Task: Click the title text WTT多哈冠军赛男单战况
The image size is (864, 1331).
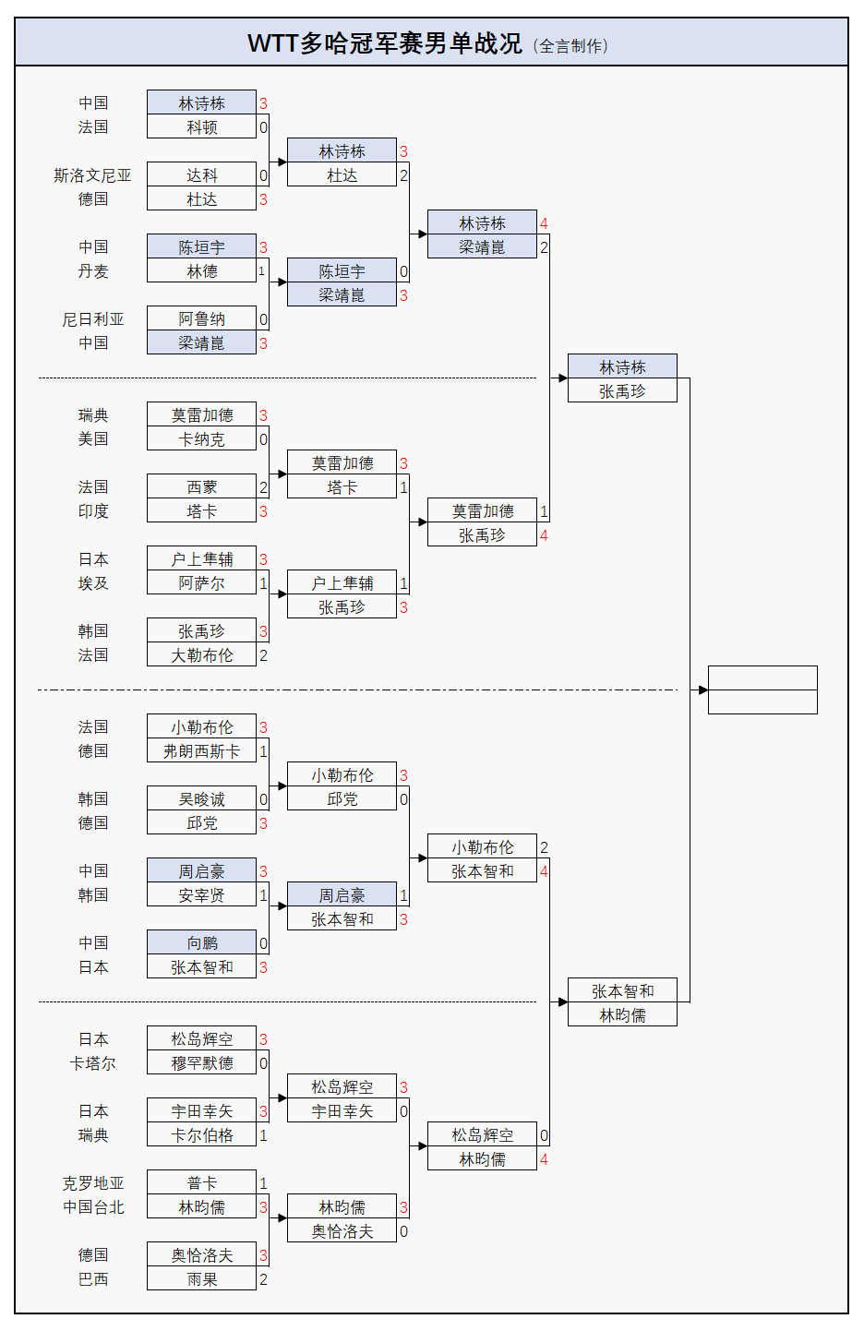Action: point(384,43)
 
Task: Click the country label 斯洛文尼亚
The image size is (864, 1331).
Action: point(92,175)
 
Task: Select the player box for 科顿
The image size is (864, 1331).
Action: point(201,127)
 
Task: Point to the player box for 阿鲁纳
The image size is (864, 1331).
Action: point(201,319)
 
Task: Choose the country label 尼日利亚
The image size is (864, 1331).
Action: point(92,319)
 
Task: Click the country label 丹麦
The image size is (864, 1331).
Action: point(92,271)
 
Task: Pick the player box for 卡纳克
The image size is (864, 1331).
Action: point(201,439)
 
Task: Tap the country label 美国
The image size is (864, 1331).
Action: point(92,439)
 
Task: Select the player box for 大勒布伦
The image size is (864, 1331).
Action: point(201,655)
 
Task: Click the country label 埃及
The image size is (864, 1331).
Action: point(92,583)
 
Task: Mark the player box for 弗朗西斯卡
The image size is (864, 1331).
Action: point(201,751)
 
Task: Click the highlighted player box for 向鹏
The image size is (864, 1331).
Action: point(201,943)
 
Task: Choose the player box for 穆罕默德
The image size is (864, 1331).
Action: point(201,1063)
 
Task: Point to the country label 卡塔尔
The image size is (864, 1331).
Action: point(92,1063)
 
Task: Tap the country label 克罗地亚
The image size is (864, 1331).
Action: point(92,1183)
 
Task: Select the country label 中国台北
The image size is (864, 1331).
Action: point(92,1207)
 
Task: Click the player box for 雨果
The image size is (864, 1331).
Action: point(201,1279)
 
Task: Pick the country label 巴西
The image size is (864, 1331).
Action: point(92,1279)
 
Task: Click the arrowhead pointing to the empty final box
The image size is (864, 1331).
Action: point(703,689)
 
